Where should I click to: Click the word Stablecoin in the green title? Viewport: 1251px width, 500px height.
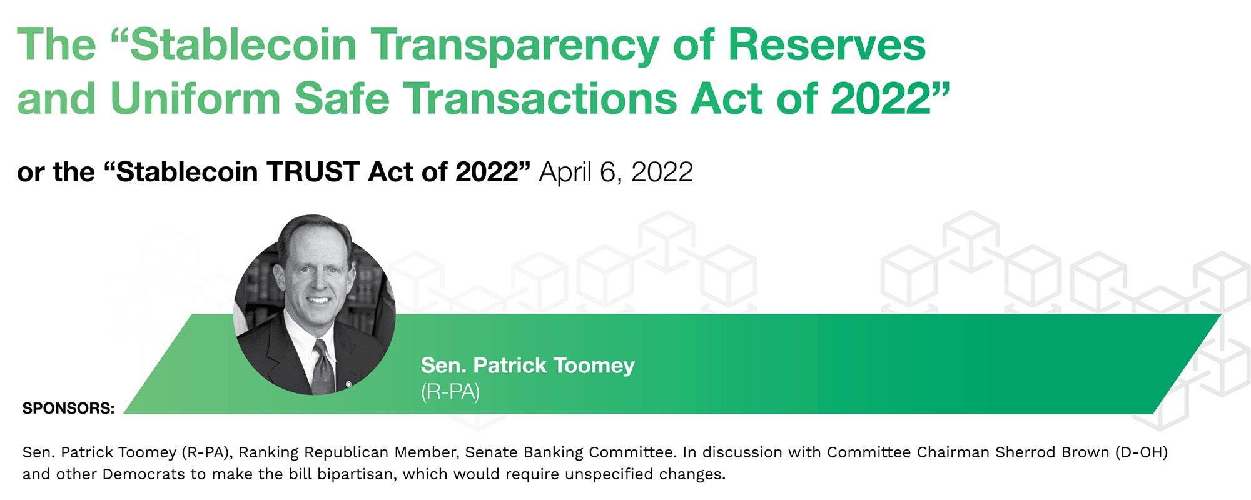[243, 45]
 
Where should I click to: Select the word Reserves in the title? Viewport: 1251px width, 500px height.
[826, 45]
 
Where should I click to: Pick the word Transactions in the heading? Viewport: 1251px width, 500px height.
[539, 99]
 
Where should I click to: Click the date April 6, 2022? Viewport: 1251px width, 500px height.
[616, 172]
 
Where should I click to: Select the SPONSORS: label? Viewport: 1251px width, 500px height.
[68, 409]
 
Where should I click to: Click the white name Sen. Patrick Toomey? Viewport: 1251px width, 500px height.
[528, 365]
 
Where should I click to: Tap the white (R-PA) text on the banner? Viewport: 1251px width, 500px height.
[450, 392]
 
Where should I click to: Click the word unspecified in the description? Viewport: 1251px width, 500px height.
[600, 474]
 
